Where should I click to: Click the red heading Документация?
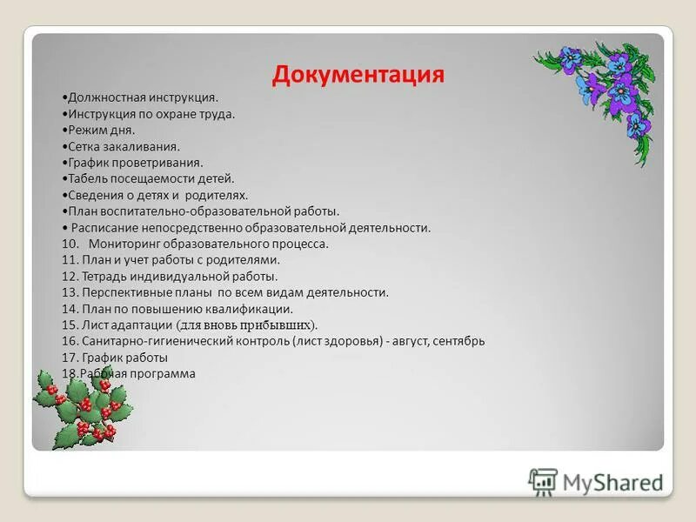358,74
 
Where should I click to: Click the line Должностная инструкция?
140,97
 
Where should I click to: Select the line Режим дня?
98,130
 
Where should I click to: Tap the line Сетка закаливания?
121,146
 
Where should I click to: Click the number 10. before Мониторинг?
70,244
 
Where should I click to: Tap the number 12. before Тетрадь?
70,276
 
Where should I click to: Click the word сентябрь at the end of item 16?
458,341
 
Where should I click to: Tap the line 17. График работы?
115,358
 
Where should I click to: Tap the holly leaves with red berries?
83,407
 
